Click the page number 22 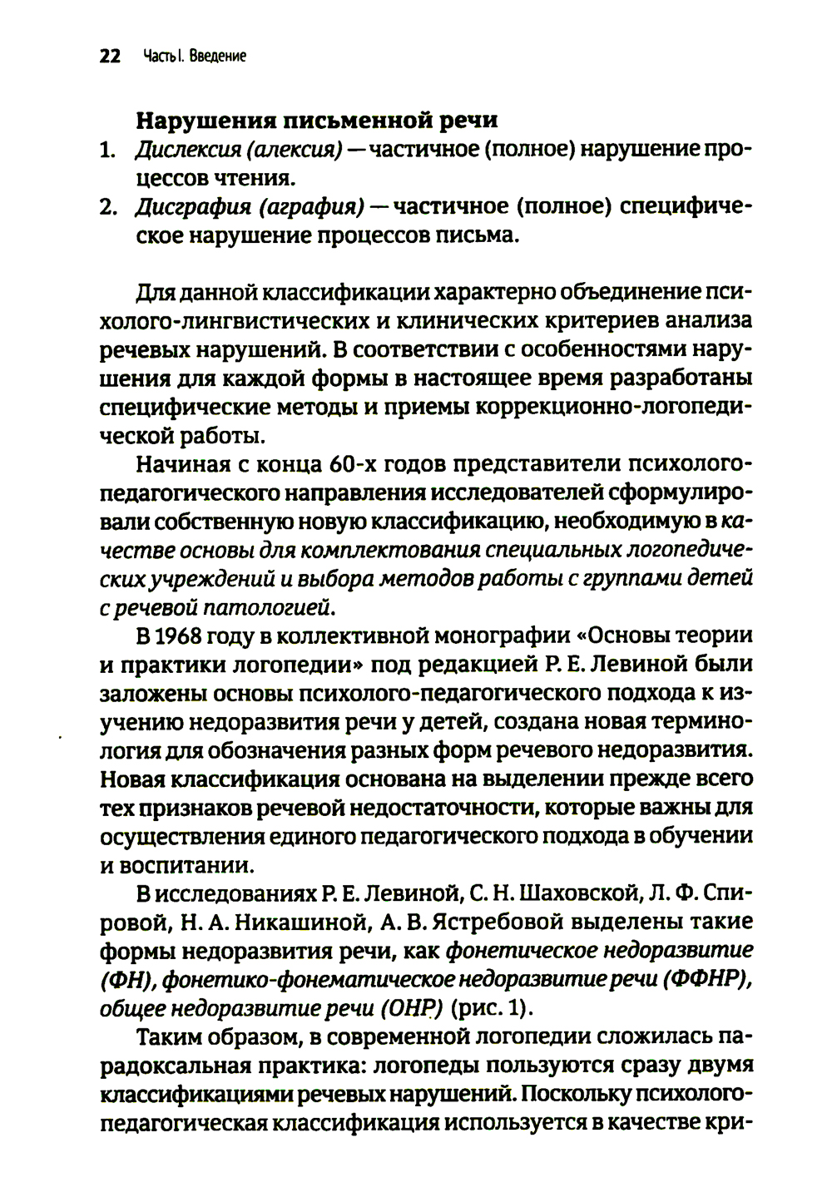[x=110, y=57]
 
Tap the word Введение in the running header [x=217, y=57]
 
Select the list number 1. [x=106, y=151]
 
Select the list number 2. [x=107, y=207]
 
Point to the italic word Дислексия [x=181, y=151]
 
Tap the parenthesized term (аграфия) [x=311, y=207]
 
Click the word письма [x=478, y=235]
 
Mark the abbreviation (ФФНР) [x=707, y=980]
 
